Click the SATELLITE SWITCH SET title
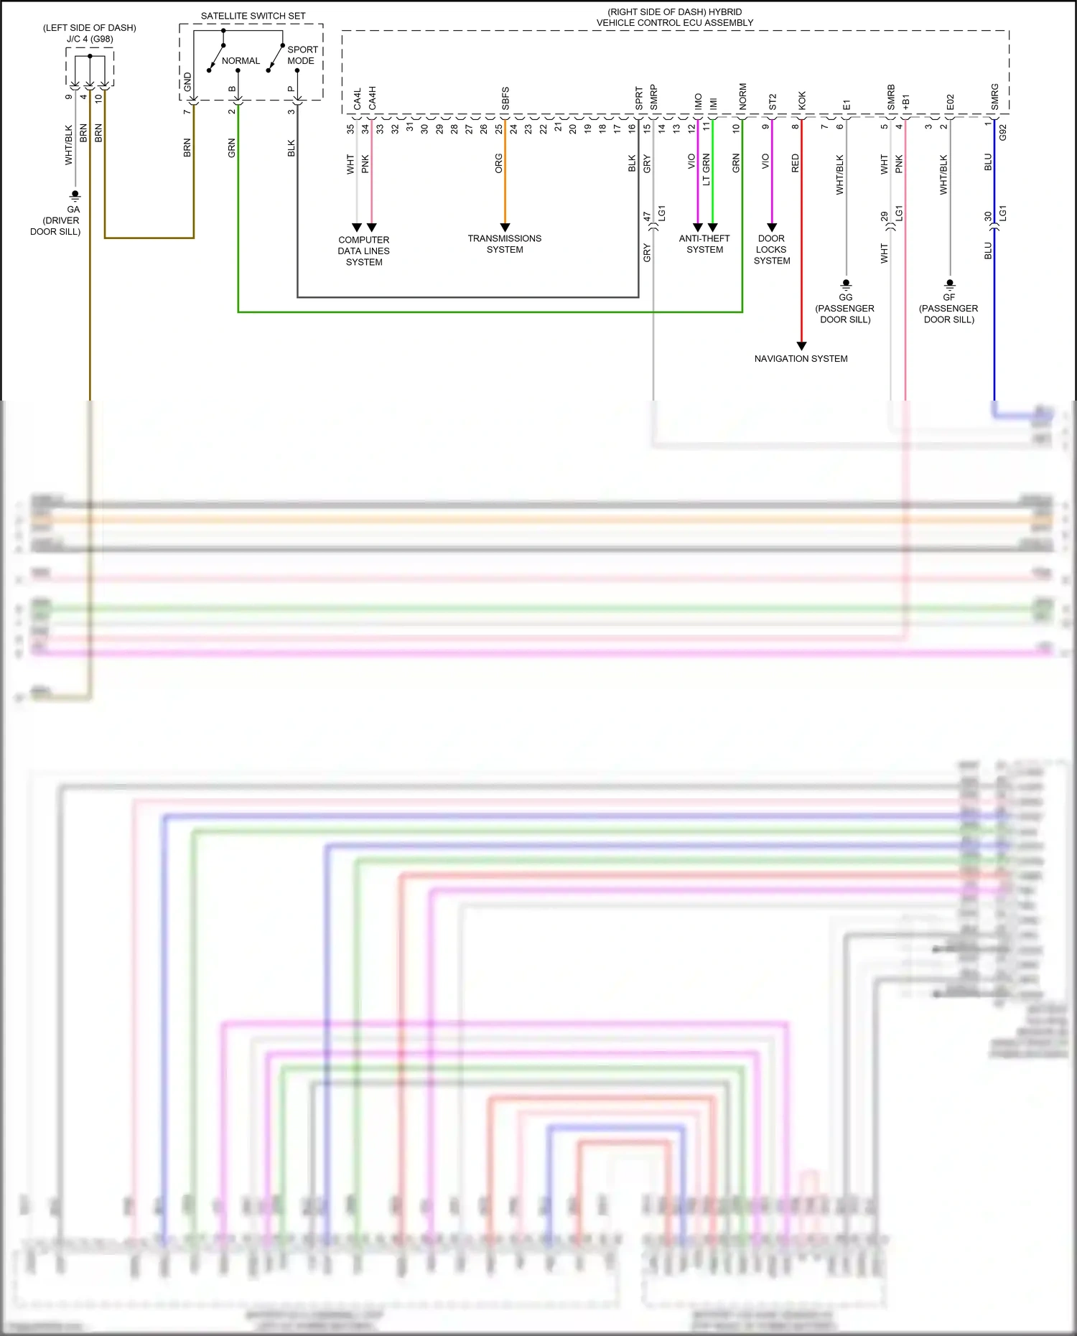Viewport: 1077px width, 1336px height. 253,16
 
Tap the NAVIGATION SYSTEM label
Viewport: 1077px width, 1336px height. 801,359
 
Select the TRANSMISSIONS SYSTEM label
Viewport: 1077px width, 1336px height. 505,244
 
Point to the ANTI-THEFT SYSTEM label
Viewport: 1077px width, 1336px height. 704,244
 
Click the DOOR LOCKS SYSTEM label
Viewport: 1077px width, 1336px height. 772,250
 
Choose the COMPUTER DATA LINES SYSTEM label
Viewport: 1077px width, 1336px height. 364,251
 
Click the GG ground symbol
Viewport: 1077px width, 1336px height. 846,284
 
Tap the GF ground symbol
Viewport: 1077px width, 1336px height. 950,284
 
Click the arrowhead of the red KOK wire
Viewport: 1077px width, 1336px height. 801,346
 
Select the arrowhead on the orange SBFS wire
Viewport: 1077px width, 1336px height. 505,227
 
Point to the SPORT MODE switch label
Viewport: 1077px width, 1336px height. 302,55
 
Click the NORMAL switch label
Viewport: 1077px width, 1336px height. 241,61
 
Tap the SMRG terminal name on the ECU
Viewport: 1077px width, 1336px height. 994,97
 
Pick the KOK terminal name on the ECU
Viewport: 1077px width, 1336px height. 802,100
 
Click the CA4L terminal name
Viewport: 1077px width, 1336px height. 357,99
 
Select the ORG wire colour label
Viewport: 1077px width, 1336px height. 498,164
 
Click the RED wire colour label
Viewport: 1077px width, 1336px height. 795,164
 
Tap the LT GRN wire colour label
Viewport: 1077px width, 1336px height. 706,169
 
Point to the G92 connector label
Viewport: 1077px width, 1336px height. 1003,133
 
